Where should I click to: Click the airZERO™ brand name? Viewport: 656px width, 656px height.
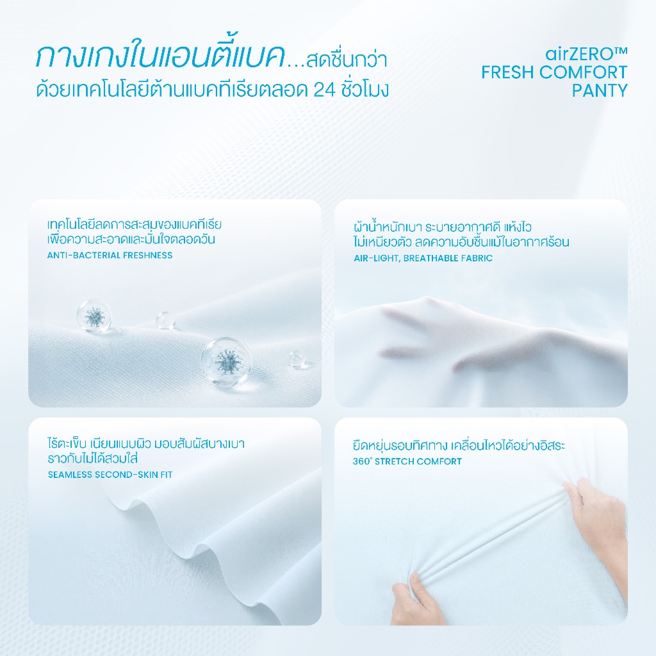coord(586,54)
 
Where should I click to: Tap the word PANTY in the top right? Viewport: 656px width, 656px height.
coord(600,90)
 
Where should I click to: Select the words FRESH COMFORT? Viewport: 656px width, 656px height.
coord(554,72)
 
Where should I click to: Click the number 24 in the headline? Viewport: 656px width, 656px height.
coord(325,90)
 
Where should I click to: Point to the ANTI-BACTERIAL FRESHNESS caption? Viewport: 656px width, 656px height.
coord(110,255)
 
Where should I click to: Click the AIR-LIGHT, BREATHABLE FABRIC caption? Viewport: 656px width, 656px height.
coord(423,258)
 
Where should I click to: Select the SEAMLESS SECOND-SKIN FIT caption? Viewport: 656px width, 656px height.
coord(110,475)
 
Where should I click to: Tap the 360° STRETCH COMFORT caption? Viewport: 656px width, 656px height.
coord(407,461)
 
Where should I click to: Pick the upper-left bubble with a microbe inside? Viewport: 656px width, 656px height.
coord(94,316)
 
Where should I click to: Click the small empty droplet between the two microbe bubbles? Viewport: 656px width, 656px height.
coord(165,320)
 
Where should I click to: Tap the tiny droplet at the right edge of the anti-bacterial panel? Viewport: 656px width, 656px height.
coord(299,359)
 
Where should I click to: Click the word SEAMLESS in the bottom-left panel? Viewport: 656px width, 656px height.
coord(70,475)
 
